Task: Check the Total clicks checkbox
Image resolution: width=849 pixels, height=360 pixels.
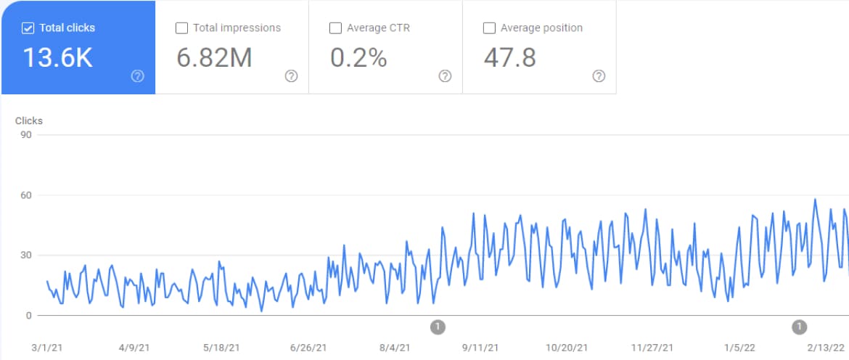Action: pyautogui.click(x=28, y=28)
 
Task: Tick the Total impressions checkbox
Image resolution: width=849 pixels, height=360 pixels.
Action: pyautogui.click(x=182, y=28)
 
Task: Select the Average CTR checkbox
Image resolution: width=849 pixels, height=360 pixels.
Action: pyautogui.click(x=335, y=28)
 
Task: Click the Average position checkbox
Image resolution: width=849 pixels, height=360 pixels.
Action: pyautogui.click(x=489, y=28)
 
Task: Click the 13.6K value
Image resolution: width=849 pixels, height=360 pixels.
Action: pyautogui.click(x=58, y=58)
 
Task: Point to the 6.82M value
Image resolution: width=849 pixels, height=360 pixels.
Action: pyautogui.click(x=214, y=58)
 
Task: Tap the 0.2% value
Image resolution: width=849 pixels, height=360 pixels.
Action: pyautogui.click(x=358, y=58)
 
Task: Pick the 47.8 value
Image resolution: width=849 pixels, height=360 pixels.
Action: pyautogui.click(x=509, y=58)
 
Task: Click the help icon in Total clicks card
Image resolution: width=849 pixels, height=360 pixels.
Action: pyautogui.click(x=138, y=76)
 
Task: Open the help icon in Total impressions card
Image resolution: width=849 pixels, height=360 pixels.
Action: pyautogui.click(x=292, y=76)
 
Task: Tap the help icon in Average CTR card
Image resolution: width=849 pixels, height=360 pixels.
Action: pyautogui.click(x=446, y=76)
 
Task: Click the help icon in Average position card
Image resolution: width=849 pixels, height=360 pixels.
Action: pyautogui.click(x=599, y=76)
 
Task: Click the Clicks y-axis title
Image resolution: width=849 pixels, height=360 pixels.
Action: pyautogui.click(x=29, y=121)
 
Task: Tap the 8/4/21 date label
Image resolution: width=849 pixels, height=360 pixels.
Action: pyautogui.click(x=395, y=348)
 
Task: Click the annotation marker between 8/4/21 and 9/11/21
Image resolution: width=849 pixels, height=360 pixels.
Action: pyautogui.click(x=438, y=327)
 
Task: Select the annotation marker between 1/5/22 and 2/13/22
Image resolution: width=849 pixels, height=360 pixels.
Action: pyautogui.click(x=800, y=327)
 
